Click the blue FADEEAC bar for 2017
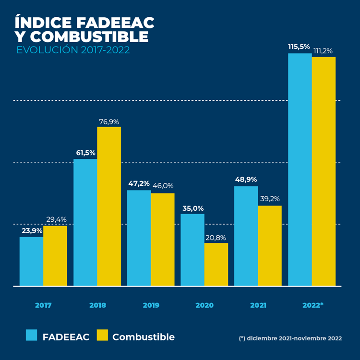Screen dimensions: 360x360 pos(31,262)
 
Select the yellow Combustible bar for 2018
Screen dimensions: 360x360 pos(109,206)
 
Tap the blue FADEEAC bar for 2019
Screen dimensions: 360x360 pos(139,238)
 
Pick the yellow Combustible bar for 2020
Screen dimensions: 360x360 pos(216,264)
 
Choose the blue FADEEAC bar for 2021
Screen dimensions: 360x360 pos(246,236)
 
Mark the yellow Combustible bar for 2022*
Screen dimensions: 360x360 pos(324,171)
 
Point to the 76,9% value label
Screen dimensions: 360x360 pos(109,122)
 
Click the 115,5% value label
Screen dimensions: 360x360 pos(299,47)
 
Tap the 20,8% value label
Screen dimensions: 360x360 pos(216,238)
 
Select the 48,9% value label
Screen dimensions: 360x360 pos(246,180)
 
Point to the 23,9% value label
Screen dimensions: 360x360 pos(32,231)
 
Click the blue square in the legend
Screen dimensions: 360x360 pos(32,336)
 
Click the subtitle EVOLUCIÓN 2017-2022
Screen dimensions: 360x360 pos(73,50)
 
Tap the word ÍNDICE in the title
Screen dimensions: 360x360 pos(42,23)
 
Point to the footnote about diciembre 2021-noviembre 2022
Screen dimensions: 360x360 pos(290,338)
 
